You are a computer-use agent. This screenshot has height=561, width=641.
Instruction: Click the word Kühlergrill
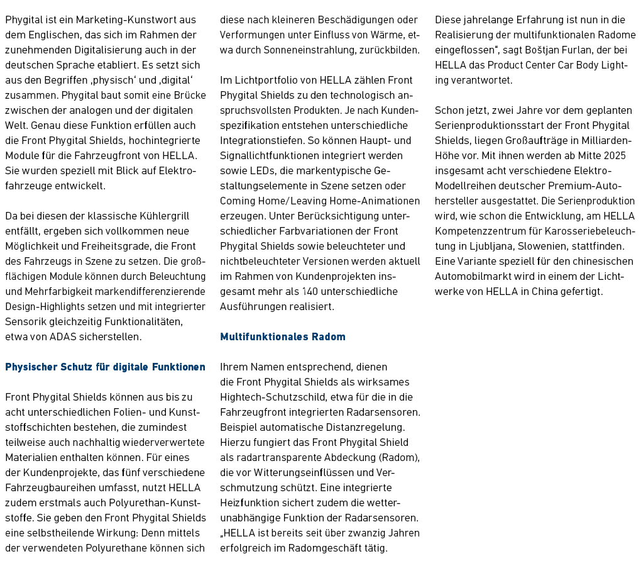tap(162, 216)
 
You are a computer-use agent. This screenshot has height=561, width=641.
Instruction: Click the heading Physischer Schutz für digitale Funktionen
tap(105, 367)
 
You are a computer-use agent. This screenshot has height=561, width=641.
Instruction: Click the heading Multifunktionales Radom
tap(283, 336)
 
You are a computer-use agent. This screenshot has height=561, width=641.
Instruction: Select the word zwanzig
tap(362, 533)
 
